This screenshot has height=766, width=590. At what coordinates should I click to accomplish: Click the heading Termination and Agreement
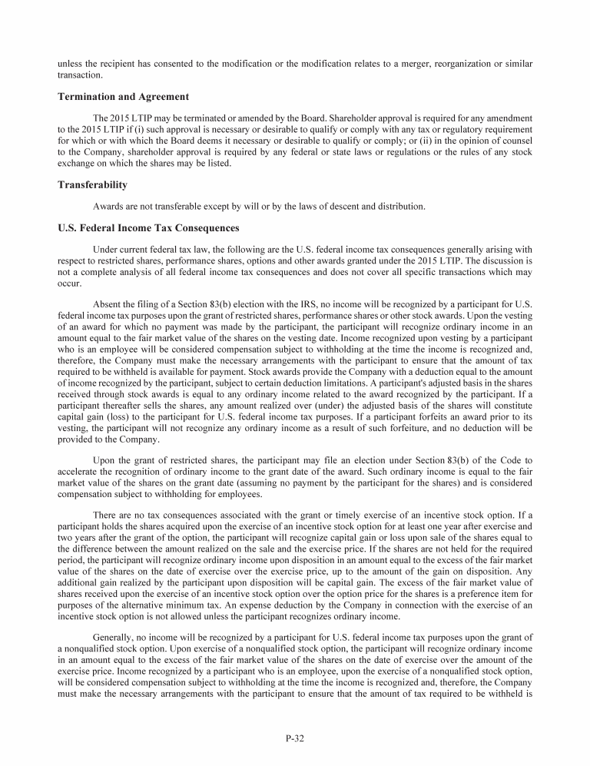click(123, 97)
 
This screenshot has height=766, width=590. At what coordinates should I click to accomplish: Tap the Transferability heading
click(92, 185)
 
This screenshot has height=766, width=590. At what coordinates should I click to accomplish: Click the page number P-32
click(295, 738)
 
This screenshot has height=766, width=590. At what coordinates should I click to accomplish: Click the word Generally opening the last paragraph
click(114, 637)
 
